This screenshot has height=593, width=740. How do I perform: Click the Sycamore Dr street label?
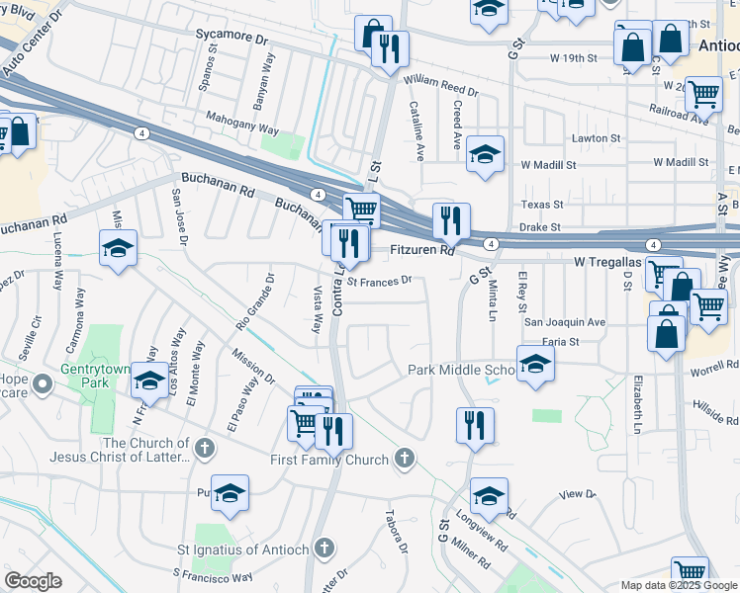pos(232,41)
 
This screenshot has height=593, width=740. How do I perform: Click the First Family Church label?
pos(329,460)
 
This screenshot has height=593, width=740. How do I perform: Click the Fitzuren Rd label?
pos(420,252)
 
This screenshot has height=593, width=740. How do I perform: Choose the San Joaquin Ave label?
pos(564,322)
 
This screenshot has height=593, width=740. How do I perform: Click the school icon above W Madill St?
pos(485,153)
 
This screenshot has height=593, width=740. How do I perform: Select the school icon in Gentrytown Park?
pos(149,379)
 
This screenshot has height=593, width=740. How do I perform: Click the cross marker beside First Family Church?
pos(403,459)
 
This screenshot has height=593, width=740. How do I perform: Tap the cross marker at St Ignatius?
pos(324,549)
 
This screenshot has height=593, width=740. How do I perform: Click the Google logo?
pos(34,581)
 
